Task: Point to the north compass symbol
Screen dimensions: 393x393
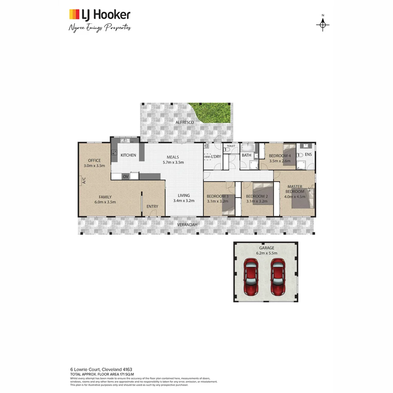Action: pyautogui.click(x=322, y=24)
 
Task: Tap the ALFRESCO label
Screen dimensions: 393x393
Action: pyautogui.click(x=184, y=123)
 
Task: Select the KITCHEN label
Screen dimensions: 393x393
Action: pyautogui.click(x=128, y=155)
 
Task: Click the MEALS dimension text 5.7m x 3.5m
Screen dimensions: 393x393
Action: pyautogui.click(x=173, y=162)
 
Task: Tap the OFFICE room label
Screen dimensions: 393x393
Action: pyautogui.click(x=94, y=160)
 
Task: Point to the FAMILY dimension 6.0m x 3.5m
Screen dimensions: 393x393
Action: pyautogui.click(x=105, y=202)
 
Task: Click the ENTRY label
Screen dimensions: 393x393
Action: pyautogui.click(x=152, y=207)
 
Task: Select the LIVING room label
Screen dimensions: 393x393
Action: pyautogui.click(x=184, y=195)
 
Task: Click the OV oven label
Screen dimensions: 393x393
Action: pyautogui.click(x=126, y=176)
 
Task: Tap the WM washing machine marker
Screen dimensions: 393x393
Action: pyautogui.click(x=207, y=157)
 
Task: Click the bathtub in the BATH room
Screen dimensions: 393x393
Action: pyautogui.click(x=247, y=148)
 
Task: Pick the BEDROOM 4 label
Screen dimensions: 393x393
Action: pyautogui.click(x=279, y=155)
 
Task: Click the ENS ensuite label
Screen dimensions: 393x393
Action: pyautogui.click(x=308, y=155)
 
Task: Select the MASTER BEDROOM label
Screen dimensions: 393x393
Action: pyautogui.click(x=294, y=189)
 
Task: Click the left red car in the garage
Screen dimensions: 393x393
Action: pyautogui.click(x=251, y=277)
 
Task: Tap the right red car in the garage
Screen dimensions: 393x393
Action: pyautogui.click(x=278, y=277)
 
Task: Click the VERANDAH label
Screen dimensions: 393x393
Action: pyautogui.click(x=187, y=225)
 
